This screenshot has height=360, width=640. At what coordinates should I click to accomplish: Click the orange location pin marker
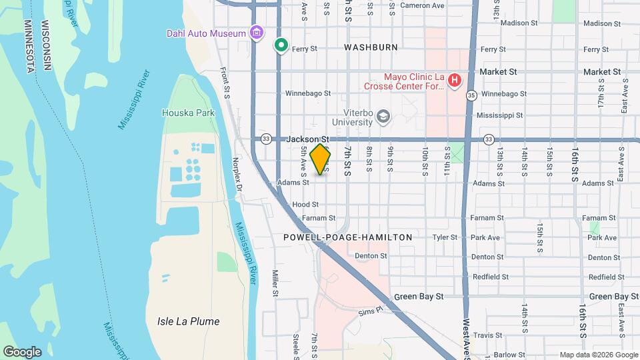(321, 159)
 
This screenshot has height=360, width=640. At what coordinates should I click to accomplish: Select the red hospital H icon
(455, 81)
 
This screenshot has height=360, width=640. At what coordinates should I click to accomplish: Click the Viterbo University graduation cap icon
(383, 117)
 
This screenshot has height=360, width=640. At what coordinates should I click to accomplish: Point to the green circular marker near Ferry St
(281, 46)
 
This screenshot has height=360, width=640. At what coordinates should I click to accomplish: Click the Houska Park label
(188, 113)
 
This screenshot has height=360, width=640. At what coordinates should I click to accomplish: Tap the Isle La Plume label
(188, 321)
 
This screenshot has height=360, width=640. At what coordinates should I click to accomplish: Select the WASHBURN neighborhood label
(371, 47)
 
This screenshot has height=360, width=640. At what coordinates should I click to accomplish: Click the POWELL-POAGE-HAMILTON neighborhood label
(347, 237)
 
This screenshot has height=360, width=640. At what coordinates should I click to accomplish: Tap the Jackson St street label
(308, 139)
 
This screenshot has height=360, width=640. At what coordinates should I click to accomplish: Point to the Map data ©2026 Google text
(598, 355)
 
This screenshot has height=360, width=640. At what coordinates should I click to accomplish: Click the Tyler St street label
(444, 237)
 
